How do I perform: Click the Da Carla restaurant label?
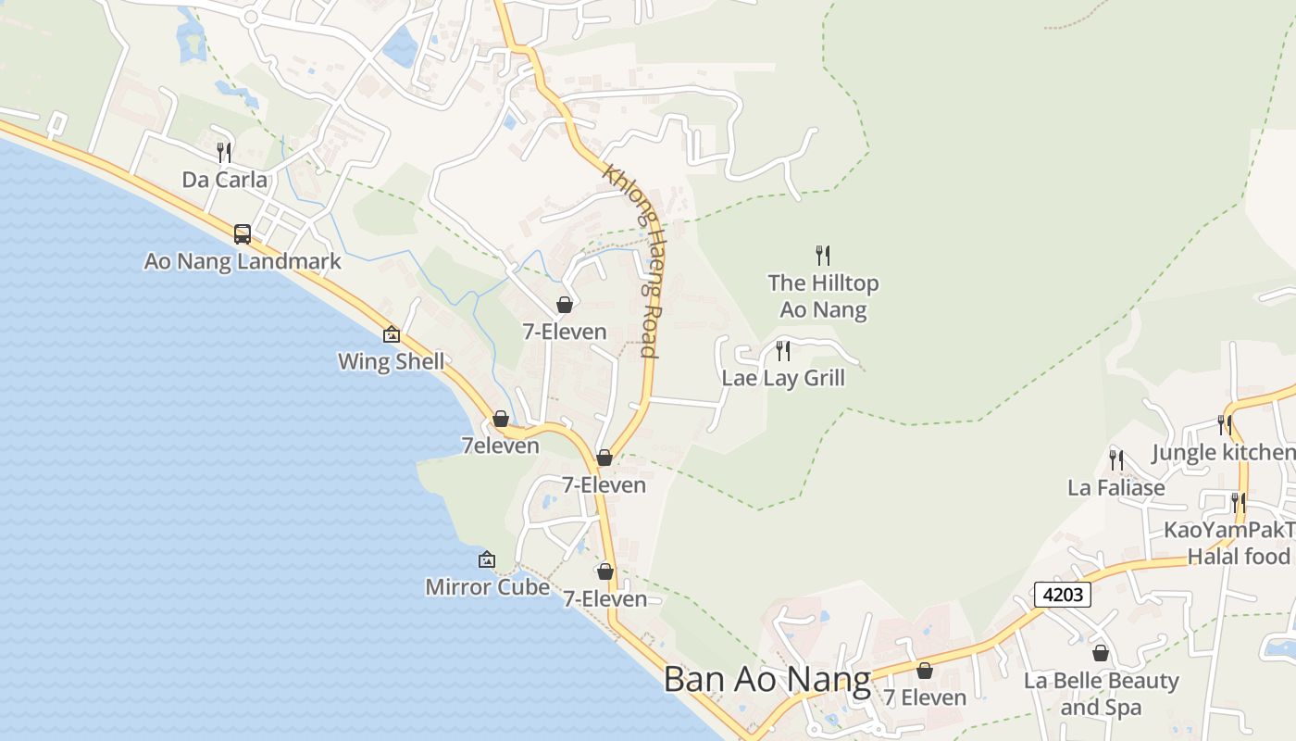tap(224, 180)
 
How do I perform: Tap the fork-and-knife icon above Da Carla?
tap(224, 152)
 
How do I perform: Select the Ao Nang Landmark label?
tap(243, 261)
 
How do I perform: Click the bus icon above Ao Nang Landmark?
tap(243, 233)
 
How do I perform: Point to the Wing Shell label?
tap(391, 361)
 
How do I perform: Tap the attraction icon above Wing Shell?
tap(392, 334)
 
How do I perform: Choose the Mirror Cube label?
tap(487, 586)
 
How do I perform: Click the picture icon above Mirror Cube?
tap(487, 559)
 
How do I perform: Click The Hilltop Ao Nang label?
tap(823, 295)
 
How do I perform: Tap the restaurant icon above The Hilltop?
tap(822, 255)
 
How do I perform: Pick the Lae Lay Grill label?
tap(783, 378)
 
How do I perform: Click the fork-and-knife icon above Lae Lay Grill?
tap(783, 350)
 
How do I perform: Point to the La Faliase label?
tap(1116, 487)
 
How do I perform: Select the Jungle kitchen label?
tap(1223, 452)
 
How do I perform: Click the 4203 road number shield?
tap(1063, 595)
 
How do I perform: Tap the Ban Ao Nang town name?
tap(767, 679)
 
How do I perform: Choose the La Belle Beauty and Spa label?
tap(1101, 694)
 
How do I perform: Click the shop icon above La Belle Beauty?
tap(1101, 653)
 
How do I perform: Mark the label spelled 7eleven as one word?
tap(500, 446)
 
